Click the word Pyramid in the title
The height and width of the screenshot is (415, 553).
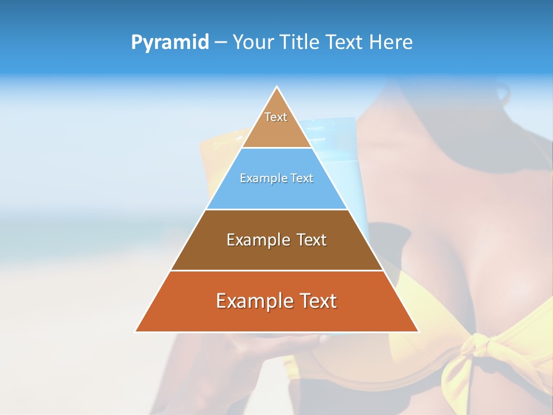[170, 42]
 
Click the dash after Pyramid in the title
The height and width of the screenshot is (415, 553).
[221, 43]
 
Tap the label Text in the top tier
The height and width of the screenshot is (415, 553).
[276, 117]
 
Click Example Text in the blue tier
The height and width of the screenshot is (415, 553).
[276, 178]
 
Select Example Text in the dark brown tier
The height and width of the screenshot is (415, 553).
[276, 240]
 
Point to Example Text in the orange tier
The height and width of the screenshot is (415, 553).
[276, 301]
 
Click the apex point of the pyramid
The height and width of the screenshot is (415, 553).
[277, 87]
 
